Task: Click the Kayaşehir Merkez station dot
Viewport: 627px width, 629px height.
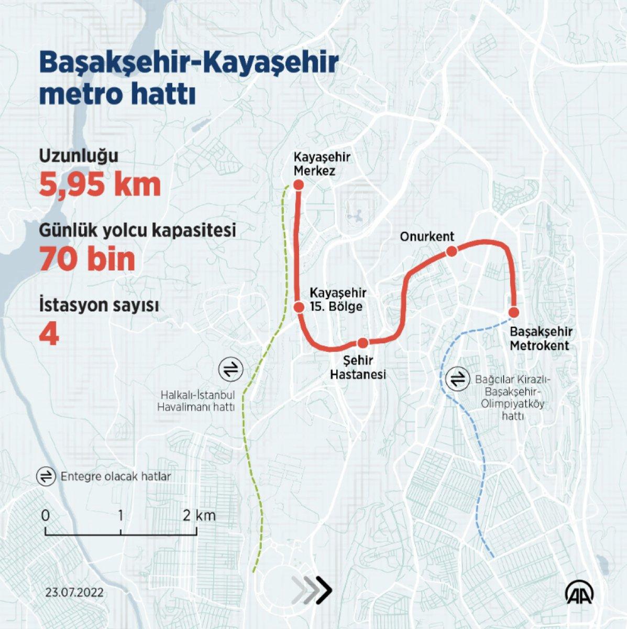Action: coord(299,185)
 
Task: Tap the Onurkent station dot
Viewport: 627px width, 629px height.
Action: coord(452,252)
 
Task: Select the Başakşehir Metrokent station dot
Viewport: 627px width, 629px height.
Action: coord(514,312)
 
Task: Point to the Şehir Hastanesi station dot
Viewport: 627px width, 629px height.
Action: coord(362,343)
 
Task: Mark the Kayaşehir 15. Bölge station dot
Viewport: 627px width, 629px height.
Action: coord(299,307)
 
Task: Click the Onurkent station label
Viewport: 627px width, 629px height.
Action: coord(427,236)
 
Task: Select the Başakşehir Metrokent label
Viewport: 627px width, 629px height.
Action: coord(540,339)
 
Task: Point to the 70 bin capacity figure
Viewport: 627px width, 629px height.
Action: coord(87,259)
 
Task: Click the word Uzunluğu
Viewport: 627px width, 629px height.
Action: coord(79,156)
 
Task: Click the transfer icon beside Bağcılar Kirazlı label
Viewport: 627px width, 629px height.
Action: coord(457,379)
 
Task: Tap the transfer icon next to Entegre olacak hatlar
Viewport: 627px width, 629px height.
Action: coord(46,476)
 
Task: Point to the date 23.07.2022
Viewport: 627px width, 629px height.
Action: coord(74,593)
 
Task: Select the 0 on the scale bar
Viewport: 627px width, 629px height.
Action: coord(46,515)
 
